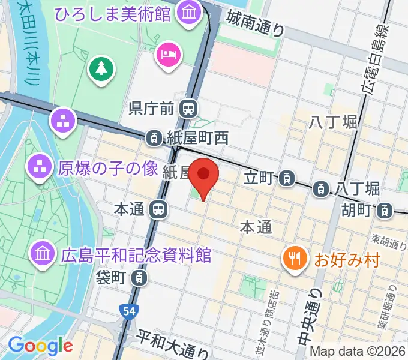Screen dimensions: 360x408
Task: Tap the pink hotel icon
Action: click(167, 55)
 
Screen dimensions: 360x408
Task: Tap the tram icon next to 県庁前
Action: click(189, 109)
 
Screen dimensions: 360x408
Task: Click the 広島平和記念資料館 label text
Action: click(136, 254)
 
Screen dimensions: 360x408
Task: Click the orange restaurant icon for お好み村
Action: click(294, 259)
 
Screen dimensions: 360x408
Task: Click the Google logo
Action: click(40, 346)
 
